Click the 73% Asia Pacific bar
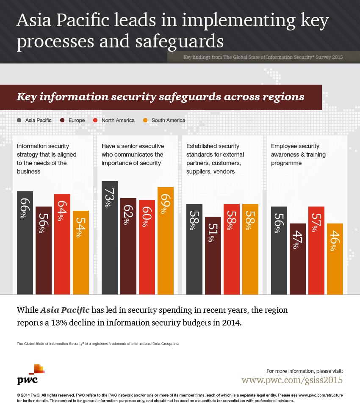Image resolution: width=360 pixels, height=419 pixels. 110,237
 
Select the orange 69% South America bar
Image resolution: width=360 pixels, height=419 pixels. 166,240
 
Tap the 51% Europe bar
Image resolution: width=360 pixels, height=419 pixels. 213,255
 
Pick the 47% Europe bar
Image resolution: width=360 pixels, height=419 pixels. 298,259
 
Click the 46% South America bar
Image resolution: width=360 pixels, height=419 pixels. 335,259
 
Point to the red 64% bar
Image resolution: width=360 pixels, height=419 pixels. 62,244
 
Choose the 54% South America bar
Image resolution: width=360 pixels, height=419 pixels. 81,252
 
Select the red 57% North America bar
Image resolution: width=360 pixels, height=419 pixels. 316,250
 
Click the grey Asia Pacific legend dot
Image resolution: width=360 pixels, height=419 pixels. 19,120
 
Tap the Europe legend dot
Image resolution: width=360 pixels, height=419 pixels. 63,120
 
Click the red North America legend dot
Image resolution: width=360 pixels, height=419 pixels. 95,120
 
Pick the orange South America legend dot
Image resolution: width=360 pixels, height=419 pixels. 145,120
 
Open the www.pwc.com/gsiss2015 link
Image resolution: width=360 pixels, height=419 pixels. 292,380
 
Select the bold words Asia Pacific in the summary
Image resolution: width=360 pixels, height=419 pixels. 65,310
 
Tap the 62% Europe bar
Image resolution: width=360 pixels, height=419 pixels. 128,246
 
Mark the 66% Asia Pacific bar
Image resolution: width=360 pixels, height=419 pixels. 25,243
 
